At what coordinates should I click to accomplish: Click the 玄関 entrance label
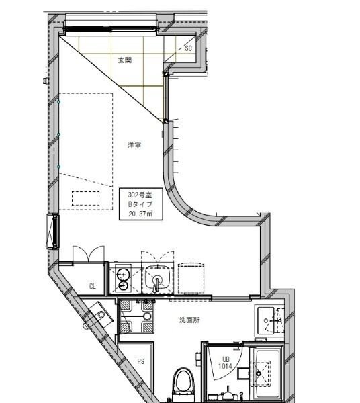pos(125,60)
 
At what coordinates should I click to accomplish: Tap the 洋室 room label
pos(134,146)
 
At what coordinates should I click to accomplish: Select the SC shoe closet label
pos(188,48)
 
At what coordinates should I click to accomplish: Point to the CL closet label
pos(93,286)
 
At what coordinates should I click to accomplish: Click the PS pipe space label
pos(140,361)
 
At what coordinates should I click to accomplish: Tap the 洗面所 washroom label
pos(189,320)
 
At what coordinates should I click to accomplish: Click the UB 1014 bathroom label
pos(225,363)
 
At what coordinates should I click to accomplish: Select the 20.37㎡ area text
pos(141,214)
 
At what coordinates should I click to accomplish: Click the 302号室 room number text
pos(140,195)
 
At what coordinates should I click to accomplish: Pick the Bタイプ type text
pos(140,204)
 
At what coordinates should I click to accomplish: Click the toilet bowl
pos(183,382)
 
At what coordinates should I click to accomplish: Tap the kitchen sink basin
pos(158,278)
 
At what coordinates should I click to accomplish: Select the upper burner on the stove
pos(123,275)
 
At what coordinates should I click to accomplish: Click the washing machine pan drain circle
pos(147,316)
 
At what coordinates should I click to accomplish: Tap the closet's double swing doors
pos(89,254)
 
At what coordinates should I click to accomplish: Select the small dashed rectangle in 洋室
pos(85,198)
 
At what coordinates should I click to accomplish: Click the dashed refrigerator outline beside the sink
pos(191,278)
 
